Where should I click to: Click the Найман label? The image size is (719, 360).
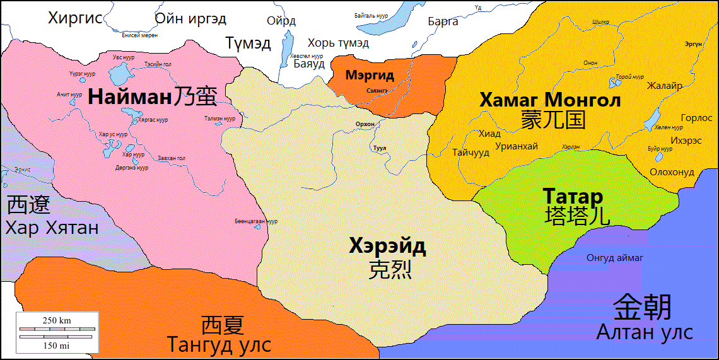(x=129, y=97)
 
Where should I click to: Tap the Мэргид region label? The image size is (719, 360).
(x=370, y=76)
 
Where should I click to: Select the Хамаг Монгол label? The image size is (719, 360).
(x=550, y=100)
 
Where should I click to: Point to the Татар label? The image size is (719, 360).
(x=573, y=196)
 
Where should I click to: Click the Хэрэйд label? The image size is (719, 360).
(x=387, y=245)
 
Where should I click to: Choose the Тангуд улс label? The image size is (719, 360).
(x=219, y=345)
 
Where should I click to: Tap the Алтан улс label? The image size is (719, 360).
(x=645, y=332)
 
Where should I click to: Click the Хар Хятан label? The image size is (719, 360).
(x=52, y=227)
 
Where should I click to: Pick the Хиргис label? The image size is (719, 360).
(x=75, y=18)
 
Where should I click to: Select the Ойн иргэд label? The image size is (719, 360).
(x=190, y=18)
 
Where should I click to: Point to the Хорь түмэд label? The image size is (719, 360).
(x=338, y=43)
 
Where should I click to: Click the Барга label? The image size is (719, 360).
(x=443, y=21)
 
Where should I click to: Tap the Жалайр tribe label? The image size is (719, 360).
(x=664, y=86)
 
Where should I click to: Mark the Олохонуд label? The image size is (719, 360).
(x=672, y=172)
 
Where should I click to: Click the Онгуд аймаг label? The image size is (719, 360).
(x=615, y=257)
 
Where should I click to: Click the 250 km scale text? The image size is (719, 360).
(x=57, y=320)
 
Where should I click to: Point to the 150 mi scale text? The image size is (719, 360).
(x=57, y=345)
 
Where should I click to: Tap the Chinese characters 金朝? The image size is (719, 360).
(x=643, y=307)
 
